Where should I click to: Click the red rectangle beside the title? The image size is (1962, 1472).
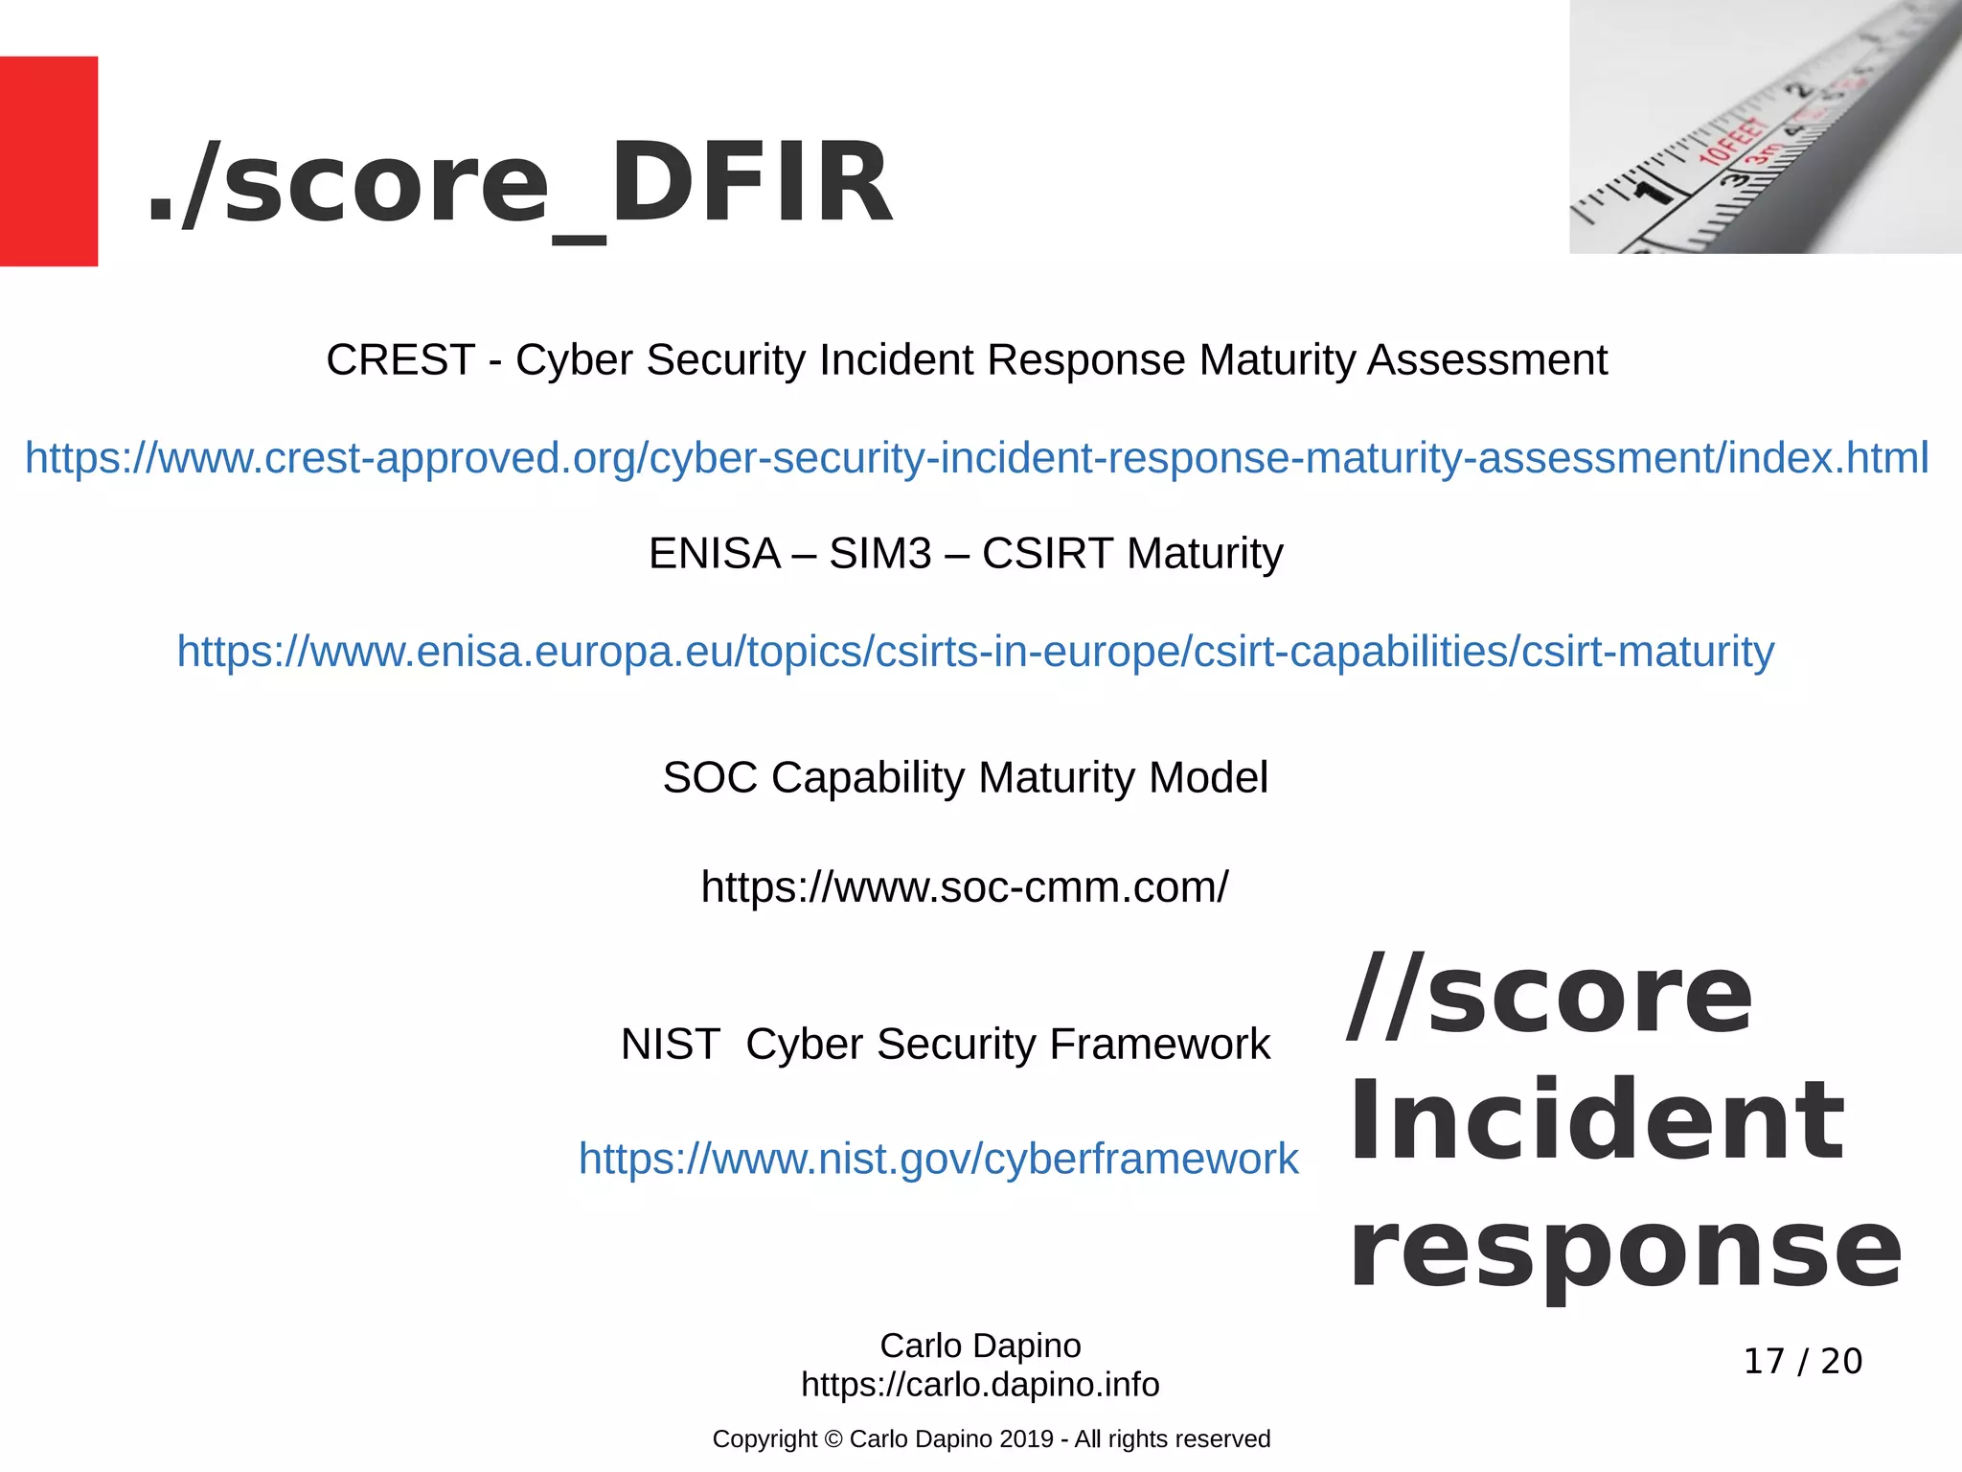(x=49, y=161)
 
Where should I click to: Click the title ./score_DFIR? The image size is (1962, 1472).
(x=520, y=182)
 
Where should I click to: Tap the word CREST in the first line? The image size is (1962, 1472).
(x=400, y=360)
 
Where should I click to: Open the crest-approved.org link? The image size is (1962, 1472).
(x=976, y=458)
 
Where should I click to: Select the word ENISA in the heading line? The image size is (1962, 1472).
(x=715, y=554)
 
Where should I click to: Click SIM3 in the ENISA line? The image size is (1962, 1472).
(x=879, y=554)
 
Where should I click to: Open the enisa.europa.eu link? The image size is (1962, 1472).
(x=975, y=652)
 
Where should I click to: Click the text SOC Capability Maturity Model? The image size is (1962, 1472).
(x=965, y=777)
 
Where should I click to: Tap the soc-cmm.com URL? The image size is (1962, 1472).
(x=964, y=887)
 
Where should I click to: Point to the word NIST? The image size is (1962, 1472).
(x=670, y=1045)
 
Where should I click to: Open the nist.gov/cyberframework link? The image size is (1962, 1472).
(x=938, y=1159)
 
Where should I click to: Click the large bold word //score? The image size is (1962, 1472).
(x=1549, y=996)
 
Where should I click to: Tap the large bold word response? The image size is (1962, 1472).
(x=1625, y=1251)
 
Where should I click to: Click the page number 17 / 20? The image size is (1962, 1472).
(x=1802, y=1361)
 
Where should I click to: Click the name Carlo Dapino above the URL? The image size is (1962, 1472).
(x=980, y=1345)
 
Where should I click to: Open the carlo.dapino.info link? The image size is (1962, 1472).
(x=980, y=1385)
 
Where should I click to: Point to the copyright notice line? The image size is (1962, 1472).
(x=991, y=1439)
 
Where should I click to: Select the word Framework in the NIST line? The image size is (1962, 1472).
(x=1159, y=1045)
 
